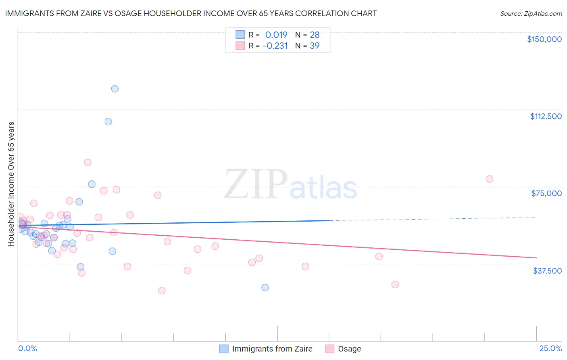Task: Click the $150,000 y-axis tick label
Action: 544,39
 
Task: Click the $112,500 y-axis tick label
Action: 546,116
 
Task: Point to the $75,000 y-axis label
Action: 546,193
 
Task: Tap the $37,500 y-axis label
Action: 547,271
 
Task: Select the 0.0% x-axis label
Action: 27,348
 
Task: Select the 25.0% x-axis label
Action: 550,348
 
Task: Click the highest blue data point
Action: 115,89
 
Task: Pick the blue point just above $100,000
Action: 108,121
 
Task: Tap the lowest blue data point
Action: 265,287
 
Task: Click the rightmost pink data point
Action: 489,179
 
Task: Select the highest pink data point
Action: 88,163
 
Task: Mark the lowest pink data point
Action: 162,291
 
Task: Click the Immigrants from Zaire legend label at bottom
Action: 272,349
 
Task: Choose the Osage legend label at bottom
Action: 349,349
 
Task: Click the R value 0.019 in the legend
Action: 276,35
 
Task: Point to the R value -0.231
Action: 275,46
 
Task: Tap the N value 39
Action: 315,46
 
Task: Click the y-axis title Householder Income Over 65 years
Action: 11,184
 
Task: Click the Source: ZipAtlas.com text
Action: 531,14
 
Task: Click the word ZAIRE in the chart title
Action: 89,13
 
